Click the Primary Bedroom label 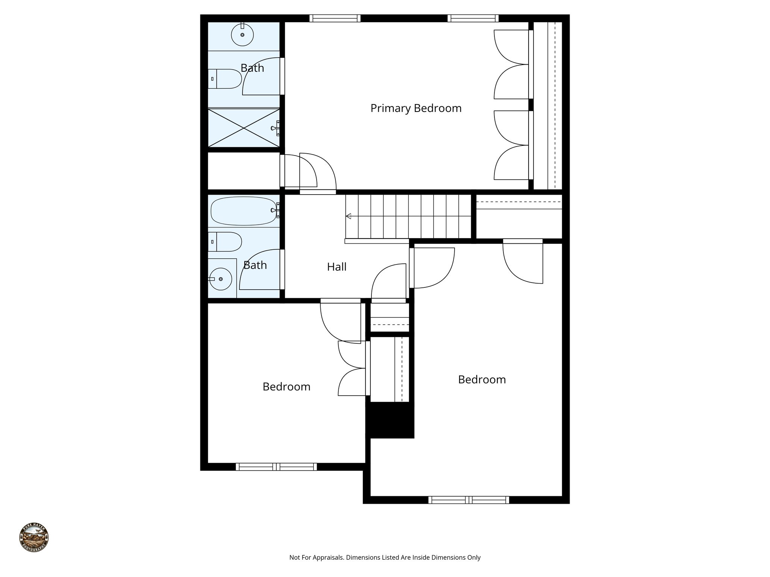coord(415,108)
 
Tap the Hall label coord(336,267)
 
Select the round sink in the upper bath coord(242,35)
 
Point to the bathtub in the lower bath coord(243,211)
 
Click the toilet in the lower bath coord(226,242)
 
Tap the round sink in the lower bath coord(220,279)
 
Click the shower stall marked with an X coord(244,128)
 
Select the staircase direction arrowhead coord(349,216)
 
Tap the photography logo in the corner coord(34,537)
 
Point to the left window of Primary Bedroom coord(335,18)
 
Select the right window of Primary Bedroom coord(473,18)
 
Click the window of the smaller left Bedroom coord(276,467)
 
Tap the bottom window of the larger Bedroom coord(468,500)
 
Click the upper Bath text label coord(252,68)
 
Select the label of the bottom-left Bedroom coord(286,387)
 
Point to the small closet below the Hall coord(390,317)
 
